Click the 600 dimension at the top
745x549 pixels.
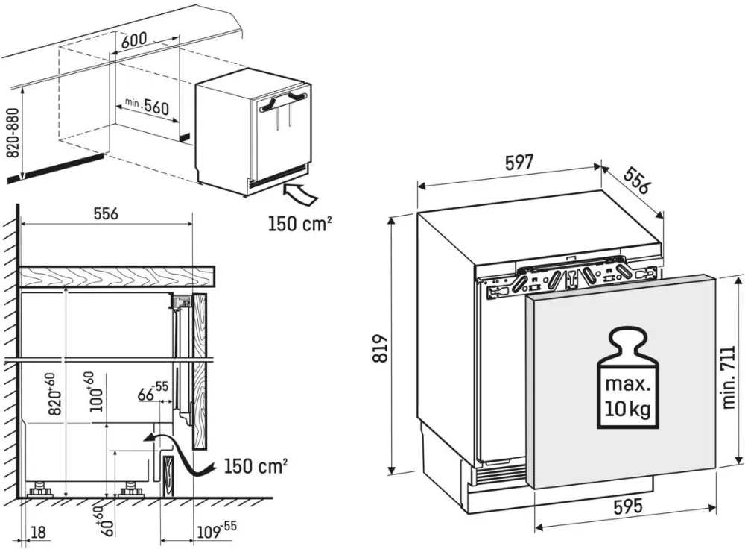point(132,42)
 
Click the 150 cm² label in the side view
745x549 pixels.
point(255,466)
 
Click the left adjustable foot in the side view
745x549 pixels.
point(39,491)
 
